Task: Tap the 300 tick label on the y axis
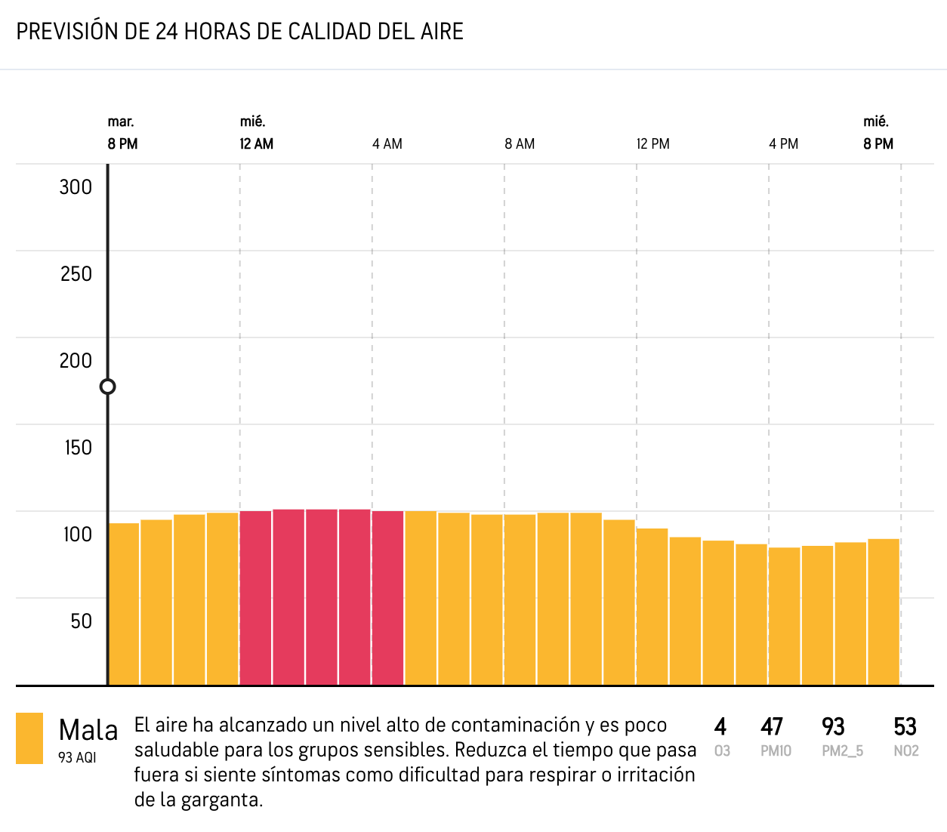pyautogui.click(x=76, y=187)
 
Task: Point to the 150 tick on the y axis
pyautogui.click(x=78, y=448)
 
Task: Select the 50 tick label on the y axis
pyautogui.click(x=81, y=621)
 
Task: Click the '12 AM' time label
pyautogui.click(x=256, y=144)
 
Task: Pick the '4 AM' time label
pyautogui.click(x=387, y=144)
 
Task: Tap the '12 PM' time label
pyautogui.click(x=652, y=144)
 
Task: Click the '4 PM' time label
pyautogui.click(x=783, y=144)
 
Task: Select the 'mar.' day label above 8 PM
pyautogui.click(x=121, y=122)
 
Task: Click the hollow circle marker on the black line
pyautogui.click(x=108, y=387)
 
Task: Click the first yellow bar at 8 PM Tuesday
pyautogui.click(x=124, y=604)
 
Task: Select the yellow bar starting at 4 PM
pyautogui.click(x=784, y=616)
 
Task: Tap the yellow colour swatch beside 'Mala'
pyautogui.click(x=29, y=738)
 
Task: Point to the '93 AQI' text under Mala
pyautogui.click(x=77, y=757)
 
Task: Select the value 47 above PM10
pyautogui.click(x=771, y=727)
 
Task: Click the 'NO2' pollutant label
pyautogui.click(x=905, y=751)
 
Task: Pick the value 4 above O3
pyautogui.click(x=720, y=727)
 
